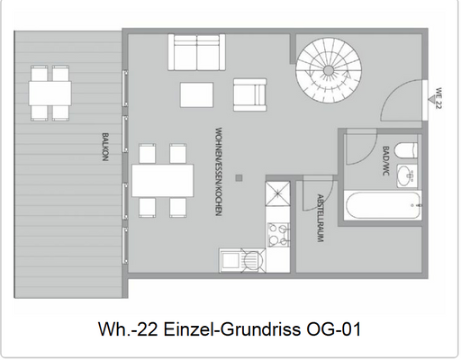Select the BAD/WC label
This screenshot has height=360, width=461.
pos(386,162)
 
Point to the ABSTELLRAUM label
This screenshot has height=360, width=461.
pos(320,220)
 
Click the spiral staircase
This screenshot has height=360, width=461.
pos(329,64)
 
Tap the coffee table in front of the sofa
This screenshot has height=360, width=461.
pos(197,94)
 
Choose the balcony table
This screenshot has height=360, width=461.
pos(52,92)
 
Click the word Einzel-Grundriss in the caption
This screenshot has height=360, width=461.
pos(219,330)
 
